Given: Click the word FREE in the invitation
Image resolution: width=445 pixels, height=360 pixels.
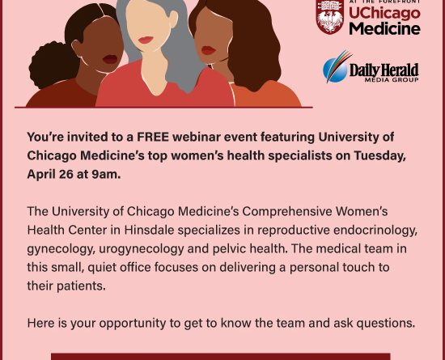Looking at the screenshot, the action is click(x=153, y=137).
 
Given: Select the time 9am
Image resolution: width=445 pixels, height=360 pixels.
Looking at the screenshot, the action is click(x=106, y=174).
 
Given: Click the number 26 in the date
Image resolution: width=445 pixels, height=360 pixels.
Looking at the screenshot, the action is click(x=66, y=174).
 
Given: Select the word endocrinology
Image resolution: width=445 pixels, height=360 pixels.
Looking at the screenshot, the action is click(x=375, y=230).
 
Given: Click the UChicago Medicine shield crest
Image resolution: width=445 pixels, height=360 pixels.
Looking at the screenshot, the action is click(x=330, y=17).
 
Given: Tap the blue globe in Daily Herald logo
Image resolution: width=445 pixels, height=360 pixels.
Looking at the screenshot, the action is click(x=335, y=70).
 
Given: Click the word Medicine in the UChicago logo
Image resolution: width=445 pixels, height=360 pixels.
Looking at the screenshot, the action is click(x=384, y=29).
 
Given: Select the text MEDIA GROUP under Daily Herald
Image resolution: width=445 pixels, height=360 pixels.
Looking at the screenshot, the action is click(x=392, y=80).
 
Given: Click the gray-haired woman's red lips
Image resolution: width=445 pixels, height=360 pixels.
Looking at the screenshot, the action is click(x=146, y=40).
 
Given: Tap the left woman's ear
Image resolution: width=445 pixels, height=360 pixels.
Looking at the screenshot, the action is click(x=77, y=48).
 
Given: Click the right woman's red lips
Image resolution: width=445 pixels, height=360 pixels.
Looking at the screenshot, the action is click(x=208, y=50).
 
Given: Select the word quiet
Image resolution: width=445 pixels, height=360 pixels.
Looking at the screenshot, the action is click(x=102, y=268).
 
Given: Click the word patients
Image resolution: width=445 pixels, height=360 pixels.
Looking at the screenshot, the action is click(x=81, y=286).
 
